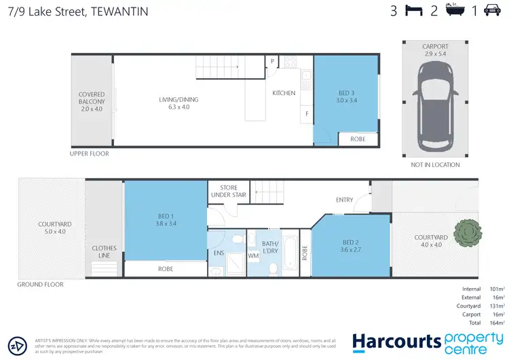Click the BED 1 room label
(x=166, y=221)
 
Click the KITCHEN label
(x=284, y=93)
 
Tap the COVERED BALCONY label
(x=92, y=101)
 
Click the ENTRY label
(x=345, y=200)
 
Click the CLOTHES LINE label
(x=104, y=252)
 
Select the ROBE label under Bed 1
(x=166, y=269)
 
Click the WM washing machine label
(x=253, y=255)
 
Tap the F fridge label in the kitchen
(x=307, y=113)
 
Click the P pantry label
(x=272, y=60)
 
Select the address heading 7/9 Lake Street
(x=78, y=11)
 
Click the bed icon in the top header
(x=413, y=10)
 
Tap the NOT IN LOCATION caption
(x=435, y=164)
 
